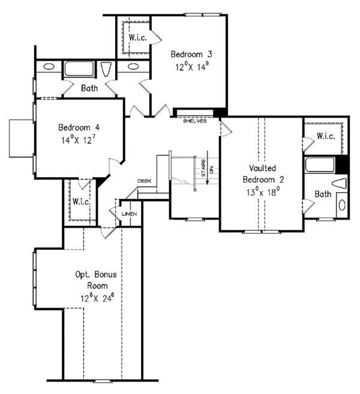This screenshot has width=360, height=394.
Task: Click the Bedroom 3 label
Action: (x=191, y=54)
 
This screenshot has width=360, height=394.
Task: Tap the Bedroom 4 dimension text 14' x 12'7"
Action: (x=79, y=140)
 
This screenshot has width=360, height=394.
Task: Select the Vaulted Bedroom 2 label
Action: (x=263, y=174)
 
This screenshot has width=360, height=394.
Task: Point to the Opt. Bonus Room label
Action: (x=96, y=280)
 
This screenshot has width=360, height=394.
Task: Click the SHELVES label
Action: (x=195, y=121)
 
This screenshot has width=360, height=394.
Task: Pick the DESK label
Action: (x=145, y=181)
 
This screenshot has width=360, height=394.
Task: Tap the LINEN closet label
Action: (x=129, y=214)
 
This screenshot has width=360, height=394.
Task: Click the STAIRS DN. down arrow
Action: (x=208, y=168)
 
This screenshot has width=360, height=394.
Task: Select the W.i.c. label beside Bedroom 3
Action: (x=137, y=38)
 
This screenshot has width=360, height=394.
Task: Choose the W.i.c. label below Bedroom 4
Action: (x=81, y=202)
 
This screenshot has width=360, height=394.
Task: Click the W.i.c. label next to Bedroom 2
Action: (x=326, y=136)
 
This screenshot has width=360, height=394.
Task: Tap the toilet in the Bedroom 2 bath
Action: (x=339, y=183)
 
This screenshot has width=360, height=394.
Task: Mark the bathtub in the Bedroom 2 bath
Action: (x=320, y=165)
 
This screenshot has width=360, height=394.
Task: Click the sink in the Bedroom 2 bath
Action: (x=342, y=205)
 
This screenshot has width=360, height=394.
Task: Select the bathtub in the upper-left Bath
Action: (x=79, y=68)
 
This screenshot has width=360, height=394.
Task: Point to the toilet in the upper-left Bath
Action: (x=106, y=69)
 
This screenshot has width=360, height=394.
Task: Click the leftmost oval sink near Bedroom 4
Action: (x=49, y=67)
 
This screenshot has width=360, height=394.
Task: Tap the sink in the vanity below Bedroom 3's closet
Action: (x=133, y=67)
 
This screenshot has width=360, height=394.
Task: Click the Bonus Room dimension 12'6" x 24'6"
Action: (x=97, y=298)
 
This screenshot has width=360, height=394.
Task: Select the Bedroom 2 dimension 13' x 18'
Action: (x=263, y=192)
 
